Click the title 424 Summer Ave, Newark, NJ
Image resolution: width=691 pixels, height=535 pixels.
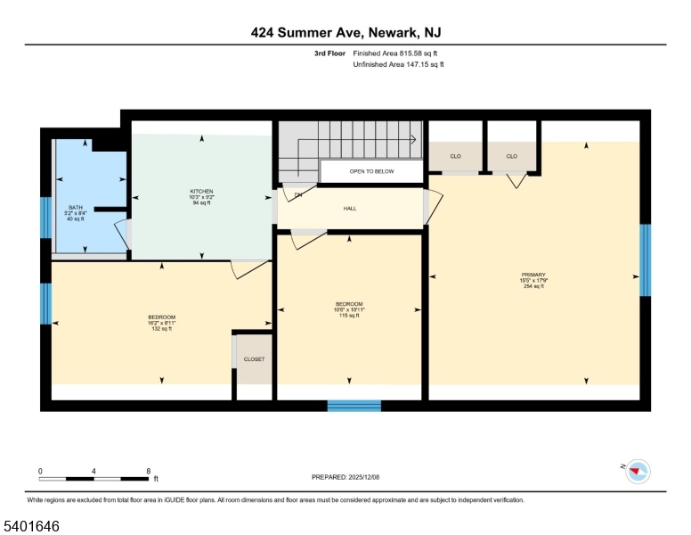[x=345, y=32]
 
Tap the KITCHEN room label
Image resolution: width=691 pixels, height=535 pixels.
[x=201, y=191]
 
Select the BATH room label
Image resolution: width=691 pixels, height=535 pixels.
[x=75, y=208]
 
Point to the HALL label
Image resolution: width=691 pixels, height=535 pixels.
[x=350, y=209]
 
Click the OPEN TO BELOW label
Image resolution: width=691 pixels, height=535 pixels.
[x=370, y=170]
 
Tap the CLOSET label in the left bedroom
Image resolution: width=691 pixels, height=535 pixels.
[x=254, y=359]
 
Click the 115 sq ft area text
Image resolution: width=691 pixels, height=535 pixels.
[x=348, y=316]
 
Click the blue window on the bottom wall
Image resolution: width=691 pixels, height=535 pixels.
[x=354, y=406]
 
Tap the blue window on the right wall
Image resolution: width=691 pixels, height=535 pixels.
[x=646, y=259]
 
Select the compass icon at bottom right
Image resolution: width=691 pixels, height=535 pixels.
[x=638, y=472]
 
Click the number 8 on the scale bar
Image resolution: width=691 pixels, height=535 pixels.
[x=148, y=471]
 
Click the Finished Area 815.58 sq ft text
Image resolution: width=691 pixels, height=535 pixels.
[x=398, y=53]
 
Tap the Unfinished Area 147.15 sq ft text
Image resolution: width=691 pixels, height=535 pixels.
[x=398, y=65]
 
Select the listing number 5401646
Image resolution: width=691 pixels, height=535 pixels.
[x=32, y=527]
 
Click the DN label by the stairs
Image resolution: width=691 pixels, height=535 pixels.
[x=298, y=194]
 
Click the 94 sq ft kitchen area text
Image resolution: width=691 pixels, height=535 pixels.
[x=201, y=202]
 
